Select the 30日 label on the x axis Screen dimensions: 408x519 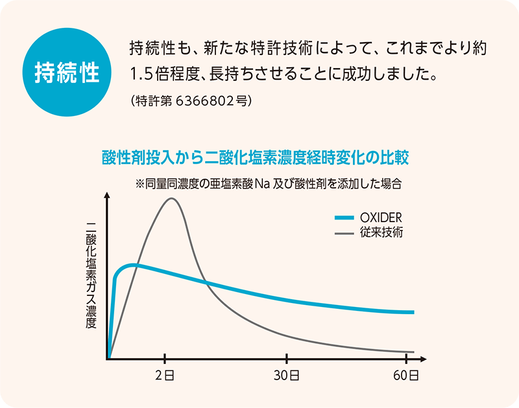tap(287, 376)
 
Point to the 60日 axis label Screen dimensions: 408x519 tap(407, 376)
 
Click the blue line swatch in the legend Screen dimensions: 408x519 tap(344, 218)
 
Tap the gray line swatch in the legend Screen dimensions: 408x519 tap(344, 233)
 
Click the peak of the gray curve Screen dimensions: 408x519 tap(172, 198)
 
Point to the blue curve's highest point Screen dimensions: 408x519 tap(133, 264)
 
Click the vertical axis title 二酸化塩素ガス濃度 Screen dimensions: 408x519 tap(91, 275)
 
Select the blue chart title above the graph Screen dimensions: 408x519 tap(255, 158)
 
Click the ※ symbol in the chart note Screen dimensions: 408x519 tap(140, 183)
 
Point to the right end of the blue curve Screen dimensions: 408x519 tap(413, 312)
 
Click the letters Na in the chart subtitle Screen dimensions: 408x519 tap(262, 183)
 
